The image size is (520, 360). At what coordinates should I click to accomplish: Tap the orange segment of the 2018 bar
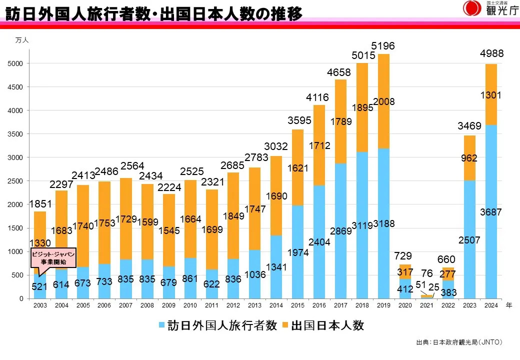(x=362, y=107)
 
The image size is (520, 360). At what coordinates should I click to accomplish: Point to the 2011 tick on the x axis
(x=212, y=305)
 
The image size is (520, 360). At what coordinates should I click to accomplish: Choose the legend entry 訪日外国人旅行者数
(x=218, y=326)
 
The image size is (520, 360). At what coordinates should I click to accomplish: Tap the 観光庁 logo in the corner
(x=490, y=9)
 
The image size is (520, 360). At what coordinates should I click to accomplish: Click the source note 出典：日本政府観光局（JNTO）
(x=459, y=342)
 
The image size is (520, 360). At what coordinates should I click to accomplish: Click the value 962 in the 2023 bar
(x=469, y=158)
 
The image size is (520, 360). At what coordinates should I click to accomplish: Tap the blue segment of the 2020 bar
(x=405, y=288)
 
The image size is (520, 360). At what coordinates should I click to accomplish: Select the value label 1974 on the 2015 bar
(x=298, y=252)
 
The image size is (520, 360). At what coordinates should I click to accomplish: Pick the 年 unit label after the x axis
(x=508, y=305)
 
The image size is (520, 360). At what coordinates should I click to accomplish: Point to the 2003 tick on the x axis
(x=40, y=305)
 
